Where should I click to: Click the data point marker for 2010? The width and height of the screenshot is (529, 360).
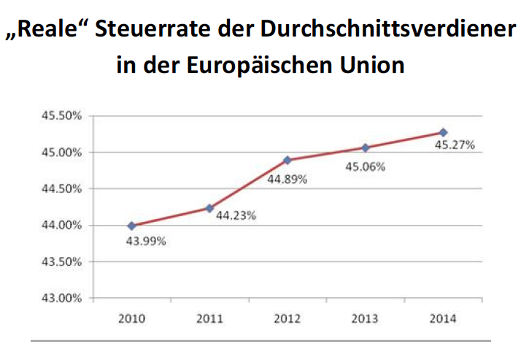[x=131, y=226]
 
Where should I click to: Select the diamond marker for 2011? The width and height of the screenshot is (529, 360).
[x=209, y=208]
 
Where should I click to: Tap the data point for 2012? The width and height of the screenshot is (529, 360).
[x=287, y=160]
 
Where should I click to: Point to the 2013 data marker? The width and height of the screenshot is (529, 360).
[x=366, y=148]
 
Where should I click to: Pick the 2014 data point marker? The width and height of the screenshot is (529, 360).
[x=443, y=132]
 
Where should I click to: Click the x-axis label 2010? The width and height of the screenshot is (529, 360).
[x=131, y=319]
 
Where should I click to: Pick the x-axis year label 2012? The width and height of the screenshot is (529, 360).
[x=287, y=319]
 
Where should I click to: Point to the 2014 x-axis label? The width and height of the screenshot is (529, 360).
[x=443, y=319]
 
